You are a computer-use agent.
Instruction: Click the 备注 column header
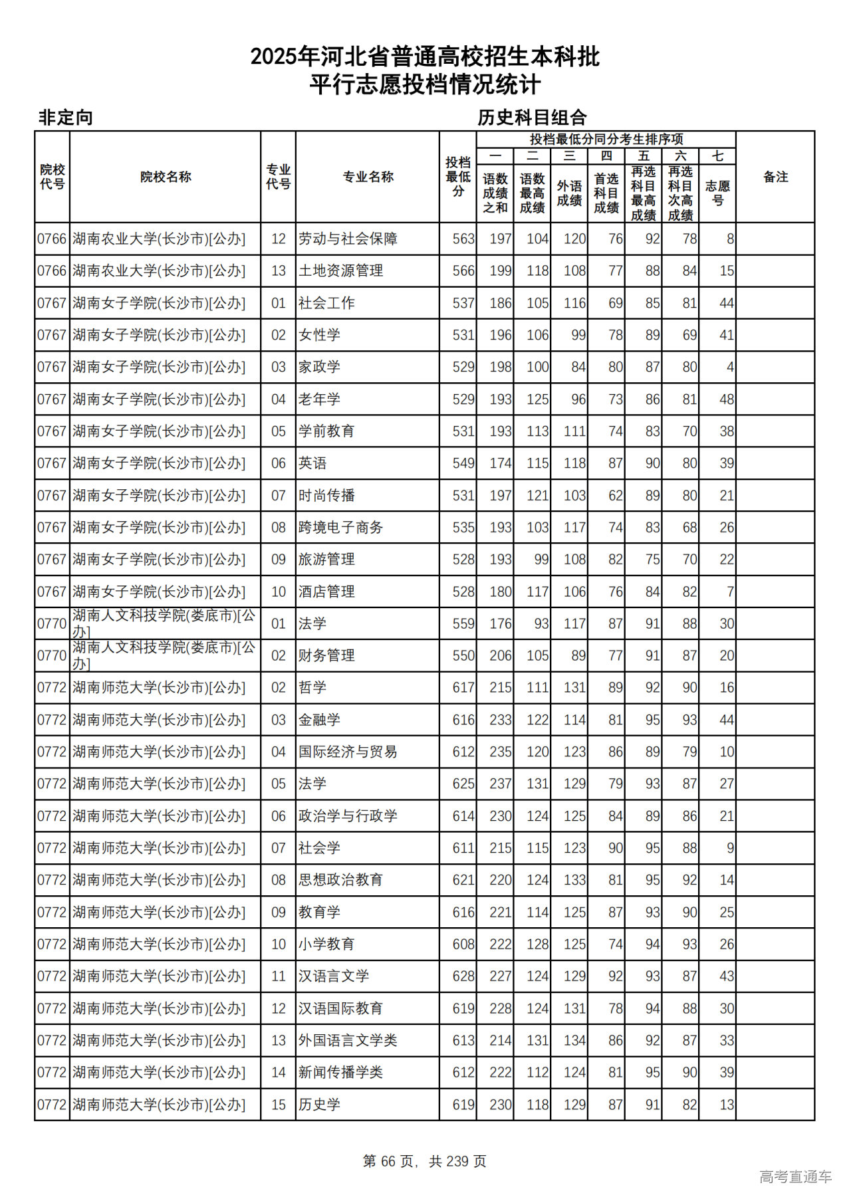pyautogui.click(x=775, y=177)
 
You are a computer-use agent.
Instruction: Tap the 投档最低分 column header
pyautogui.click(x=458, y=177)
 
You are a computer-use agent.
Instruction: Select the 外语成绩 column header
pyautogui.click(x=569, y=193)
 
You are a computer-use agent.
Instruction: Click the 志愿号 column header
pyautogui.click(x=717, y=193)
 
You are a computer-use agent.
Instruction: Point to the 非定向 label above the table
pyautogui.click(x=66, y=118)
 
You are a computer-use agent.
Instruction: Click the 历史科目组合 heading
pyautogui.click(x=532, y=118)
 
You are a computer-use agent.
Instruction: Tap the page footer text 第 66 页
pyautogui.click(x=388, y=1160)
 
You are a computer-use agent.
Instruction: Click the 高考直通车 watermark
pyautogui.click(x=795, y=1176)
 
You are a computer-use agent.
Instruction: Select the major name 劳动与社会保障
pyautogui.click(x=348, y=239)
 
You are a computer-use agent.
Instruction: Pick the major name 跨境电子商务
pyautogui.click(x=340, y=528)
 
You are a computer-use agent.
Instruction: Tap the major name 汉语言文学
pyautogui.click(x=334, y=976)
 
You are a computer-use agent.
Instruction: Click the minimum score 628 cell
pyautogui.click(x=463, y=976)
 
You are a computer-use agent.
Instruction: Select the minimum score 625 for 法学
pyautogui.click(x=463, y=784)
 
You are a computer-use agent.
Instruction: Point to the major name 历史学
pyautogui.click(x=319, y=1105)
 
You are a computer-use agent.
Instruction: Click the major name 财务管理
pyautogui.click(x=326, y=655)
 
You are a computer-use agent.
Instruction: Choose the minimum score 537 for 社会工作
pyautogui.click(x=463, y=303)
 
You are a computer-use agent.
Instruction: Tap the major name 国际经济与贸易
pyautogui.click(x=348, y=752)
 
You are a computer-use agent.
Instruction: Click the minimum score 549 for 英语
pyautogui.click(x=463, y=463)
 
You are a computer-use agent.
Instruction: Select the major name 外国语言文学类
pyautogui.click(x=348, y=1040)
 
